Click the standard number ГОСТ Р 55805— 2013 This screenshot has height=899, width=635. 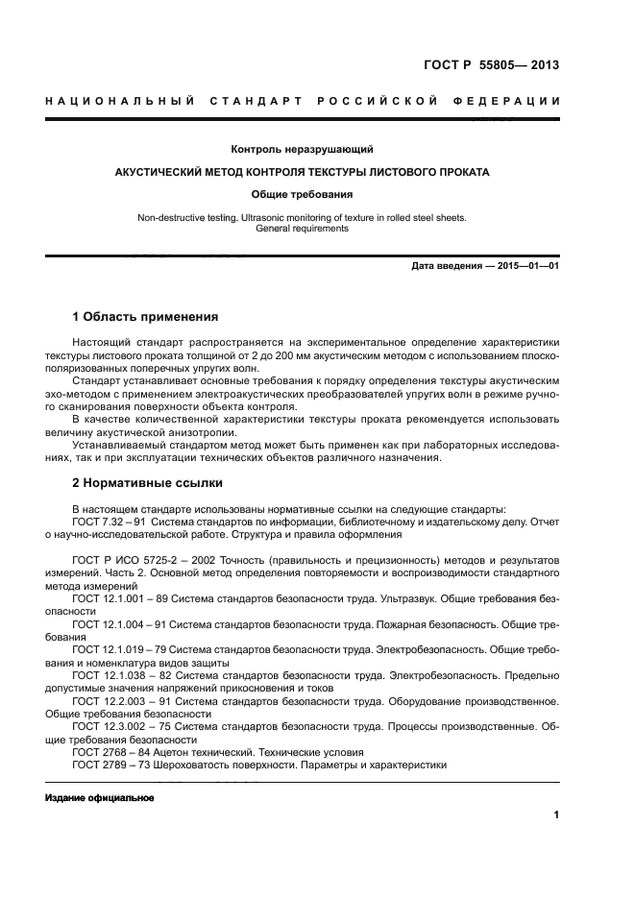point(491,66)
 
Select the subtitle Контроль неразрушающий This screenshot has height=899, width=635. point(303,150)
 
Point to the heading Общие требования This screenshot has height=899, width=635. point(303,194)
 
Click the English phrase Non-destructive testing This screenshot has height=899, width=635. point(187,218)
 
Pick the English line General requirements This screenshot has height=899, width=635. point(303,230)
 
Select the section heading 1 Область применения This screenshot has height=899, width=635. point(145,317)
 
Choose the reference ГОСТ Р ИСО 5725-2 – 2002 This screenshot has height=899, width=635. point(140,559)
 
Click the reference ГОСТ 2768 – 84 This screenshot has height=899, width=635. point(107,752)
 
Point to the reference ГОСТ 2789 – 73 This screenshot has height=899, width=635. point(107,765)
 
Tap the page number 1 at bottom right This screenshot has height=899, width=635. point(556,815)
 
